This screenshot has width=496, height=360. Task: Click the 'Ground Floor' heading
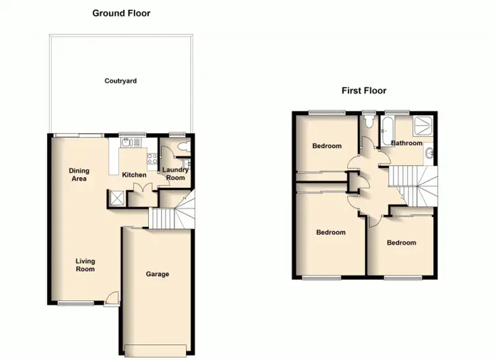click(121, 13)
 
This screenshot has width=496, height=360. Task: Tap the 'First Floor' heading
click(364, 91)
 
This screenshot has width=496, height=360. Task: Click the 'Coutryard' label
click(120, 81)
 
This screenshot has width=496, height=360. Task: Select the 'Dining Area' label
click(79, 175)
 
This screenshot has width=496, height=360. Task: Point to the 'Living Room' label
click(85, 265)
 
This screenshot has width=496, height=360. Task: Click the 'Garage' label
click(157, 274)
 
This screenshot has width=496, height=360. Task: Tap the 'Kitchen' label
click(134, 175)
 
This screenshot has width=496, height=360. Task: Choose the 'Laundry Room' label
click(175, 174)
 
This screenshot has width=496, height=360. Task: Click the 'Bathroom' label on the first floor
click(406, 143)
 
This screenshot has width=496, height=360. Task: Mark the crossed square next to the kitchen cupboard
click(117, 197)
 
